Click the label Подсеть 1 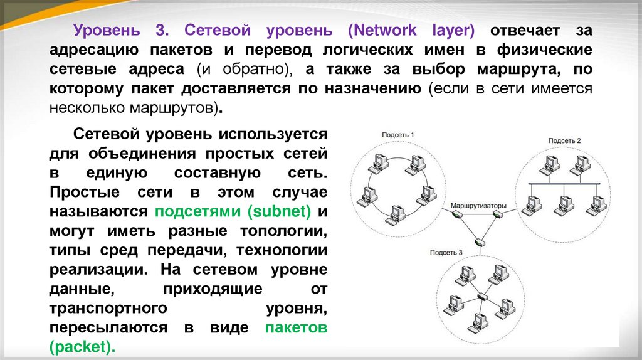click(x=398, y=134)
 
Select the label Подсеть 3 click(x=446, y=253)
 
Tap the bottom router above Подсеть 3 click(x=479, y=242)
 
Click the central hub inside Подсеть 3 click(x=481, y=296)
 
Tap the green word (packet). click(x=82, y=347)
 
